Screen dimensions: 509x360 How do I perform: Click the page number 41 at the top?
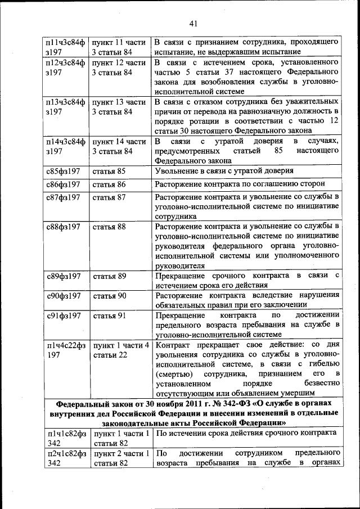[193, 23]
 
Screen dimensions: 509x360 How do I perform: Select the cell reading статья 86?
[109, 184]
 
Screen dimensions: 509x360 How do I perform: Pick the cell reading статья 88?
[109, 227]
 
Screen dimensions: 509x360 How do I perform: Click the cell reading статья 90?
[109, 296]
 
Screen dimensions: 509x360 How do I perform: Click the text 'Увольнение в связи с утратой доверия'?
[232, 171]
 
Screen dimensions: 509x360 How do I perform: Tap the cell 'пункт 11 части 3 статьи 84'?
[119, 47]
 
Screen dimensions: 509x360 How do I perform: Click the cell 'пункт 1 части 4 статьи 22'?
[120, 350]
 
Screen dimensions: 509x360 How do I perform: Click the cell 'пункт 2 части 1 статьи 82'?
[120, 458]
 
